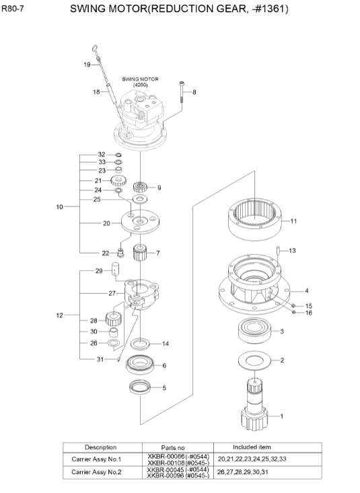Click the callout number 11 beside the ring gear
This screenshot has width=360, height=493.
pyautogui.click(x=293, y=221)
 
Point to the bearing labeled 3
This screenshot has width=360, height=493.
pyautogui.click(x=254, y=332)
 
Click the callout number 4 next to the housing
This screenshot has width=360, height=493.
pyautogui.click(x=307, y=291)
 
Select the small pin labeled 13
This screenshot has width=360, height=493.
pyautogui.click(x=277, y=252)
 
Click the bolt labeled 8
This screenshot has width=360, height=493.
pyautogui.click(x=182, y=91)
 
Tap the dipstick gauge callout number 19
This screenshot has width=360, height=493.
pyautogui.click(x=87, y=65)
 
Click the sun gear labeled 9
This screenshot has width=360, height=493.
pyautogui.click(x=141, y=187)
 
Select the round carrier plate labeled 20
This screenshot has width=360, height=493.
pyautogui.click(x=139, y=223)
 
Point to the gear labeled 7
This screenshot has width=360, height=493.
pyautogui.click(x=141, y=254)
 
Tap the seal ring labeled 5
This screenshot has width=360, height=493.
pyautogui.click(x=140, y=387)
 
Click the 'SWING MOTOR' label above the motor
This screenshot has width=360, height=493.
pyautogui.click(x=140, y=78)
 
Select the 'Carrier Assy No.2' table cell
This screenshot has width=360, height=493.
pyautogui.click(x=100, y=471)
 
